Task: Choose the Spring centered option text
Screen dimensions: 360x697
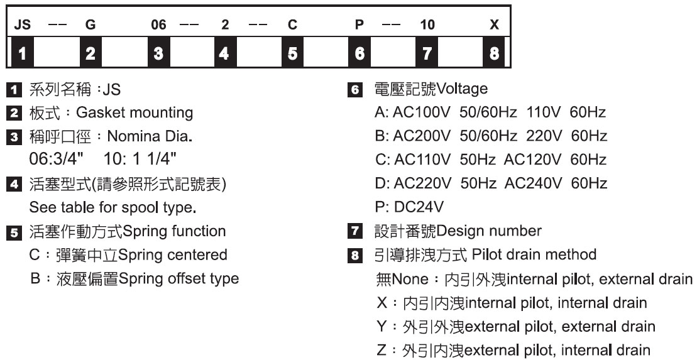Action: click(181, 254)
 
